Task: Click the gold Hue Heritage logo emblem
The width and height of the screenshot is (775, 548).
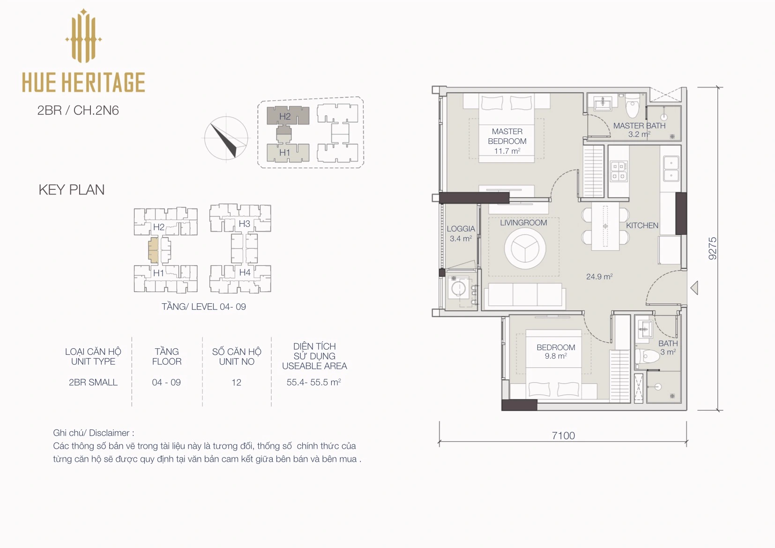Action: [83, 36]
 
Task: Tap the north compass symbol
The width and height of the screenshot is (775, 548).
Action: [226, 138]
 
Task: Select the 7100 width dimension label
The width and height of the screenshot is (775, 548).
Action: [563, 435]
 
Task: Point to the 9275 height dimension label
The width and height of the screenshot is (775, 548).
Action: [712, 248]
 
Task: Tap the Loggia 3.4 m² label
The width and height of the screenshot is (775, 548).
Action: [461, 233]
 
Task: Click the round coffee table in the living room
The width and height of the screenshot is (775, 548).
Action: [525, 248]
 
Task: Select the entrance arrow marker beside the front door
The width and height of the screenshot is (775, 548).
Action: [694, 288]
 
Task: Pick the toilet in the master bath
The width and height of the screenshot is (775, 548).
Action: [633, 105]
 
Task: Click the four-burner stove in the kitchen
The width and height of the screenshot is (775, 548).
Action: [619, 172]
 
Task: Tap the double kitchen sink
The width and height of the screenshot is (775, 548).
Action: [671, 169]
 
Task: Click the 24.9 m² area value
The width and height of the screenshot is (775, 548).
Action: [599, 277]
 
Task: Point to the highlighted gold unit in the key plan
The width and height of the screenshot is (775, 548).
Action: [153, 250]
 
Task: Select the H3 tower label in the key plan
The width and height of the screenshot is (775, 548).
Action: [244, 224]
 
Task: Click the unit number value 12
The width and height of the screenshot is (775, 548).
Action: [236, 382]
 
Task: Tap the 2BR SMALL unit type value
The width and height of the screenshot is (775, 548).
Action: [93, 382]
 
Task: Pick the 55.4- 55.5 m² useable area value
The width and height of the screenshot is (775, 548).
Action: [314, 382]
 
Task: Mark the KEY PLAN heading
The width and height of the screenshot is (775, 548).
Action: [72, 190]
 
